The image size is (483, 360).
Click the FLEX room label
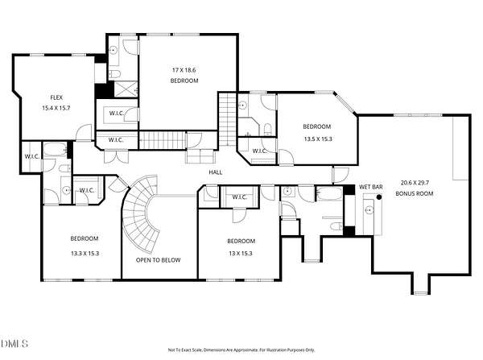[56, 97]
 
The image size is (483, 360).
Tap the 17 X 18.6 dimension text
[184, 70]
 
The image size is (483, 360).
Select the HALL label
[216, 172]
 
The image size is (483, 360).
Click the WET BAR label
[371, 187]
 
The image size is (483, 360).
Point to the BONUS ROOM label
[415, 193]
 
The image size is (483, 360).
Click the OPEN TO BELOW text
[158, 260]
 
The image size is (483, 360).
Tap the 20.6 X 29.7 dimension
[415, 183]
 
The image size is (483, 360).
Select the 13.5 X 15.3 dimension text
[318, 139]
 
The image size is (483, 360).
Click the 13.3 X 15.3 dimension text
[85, 254]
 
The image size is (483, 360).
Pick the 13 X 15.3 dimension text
[241, 254]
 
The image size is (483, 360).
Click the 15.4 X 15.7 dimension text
[56, 108]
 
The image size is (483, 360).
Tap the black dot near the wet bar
[379, 197]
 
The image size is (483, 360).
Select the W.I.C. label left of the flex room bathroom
[32, 156]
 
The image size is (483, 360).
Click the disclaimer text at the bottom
[242, 350]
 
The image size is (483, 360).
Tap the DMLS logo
[14, 343]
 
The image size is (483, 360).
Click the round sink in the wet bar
[369, 210]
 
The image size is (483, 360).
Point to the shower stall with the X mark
[126, 89]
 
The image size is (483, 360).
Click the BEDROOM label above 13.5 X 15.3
[317, 126]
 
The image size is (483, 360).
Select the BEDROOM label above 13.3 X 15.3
[85, 238]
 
